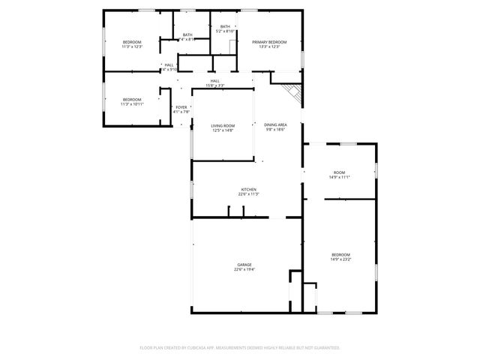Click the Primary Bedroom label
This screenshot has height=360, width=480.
pos(269,42)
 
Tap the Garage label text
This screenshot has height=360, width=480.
pos(244,265)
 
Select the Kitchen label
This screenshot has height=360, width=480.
pos(248,189)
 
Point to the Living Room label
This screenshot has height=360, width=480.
pos(222,125)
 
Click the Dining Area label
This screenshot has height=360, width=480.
pos(275,125)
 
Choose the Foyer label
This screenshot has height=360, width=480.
pos(181,107)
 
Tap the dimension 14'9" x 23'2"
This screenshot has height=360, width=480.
pos(341,259)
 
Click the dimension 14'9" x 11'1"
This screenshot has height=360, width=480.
pos(340,177)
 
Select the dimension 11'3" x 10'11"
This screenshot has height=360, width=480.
pos(132,104)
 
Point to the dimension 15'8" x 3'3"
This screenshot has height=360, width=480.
pos(215,85)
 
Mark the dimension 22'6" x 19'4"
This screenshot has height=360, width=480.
pos(244,269)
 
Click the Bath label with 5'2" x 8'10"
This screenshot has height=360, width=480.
pos(225,31)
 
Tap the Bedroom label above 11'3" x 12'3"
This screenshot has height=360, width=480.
pos(132,42)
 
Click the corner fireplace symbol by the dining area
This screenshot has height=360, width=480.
pos(292,92)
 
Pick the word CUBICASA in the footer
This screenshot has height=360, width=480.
pos(198,347)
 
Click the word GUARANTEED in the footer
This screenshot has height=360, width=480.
pos(324,347)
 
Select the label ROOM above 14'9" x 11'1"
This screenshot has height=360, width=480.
pos(340,172)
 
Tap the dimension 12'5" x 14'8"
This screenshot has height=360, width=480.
pos(222,130)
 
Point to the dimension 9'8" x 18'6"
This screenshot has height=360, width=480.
pos(275,130)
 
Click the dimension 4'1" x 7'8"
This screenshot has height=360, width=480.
pos(181,112)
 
